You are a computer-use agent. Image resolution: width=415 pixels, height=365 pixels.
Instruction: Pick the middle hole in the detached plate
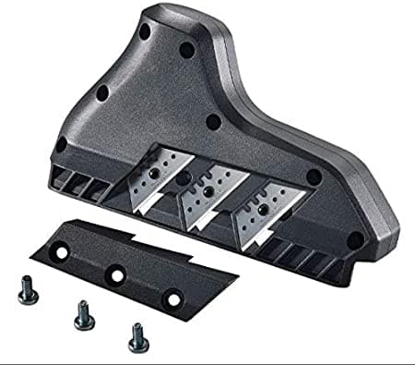tap(114, 274)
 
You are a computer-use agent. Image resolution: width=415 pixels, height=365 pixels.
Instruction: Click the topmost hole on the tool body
tap(145, 30)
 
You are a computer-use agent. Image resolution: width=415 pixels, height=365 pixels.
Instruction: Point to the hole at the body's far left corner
tap(61, 144)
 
